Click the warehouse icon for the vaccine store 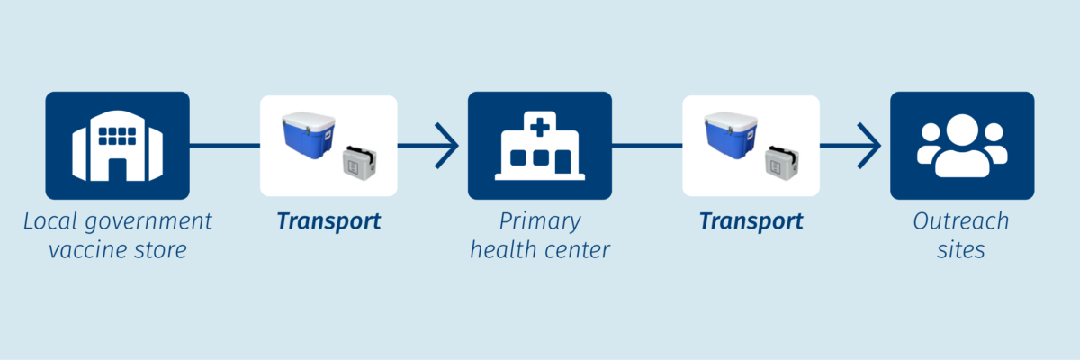pos(117,146)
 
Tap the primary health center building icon pos(539,146)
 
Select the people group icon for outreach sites pos(962,146)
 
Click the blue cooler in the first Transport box pos(309,135)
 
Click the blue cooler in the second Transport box pos(731,135)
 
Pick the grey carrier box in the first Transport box pos(360,162)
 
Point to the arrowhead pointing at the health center pos(447,146)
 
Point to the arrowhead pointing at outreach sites pos(869,146)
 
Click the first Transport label pos(328,221)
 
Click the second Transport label pos(751,221)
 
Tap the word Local pos(50,221)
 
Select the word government pos(148,222)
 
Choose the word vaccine pos(85,250)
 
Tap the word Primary pos(540,222)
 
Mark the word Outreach pos(961,221)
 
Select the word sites pos(961,250)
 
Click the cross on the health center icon pos(540,127)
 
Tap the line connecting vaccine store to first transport pos(225,146)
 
